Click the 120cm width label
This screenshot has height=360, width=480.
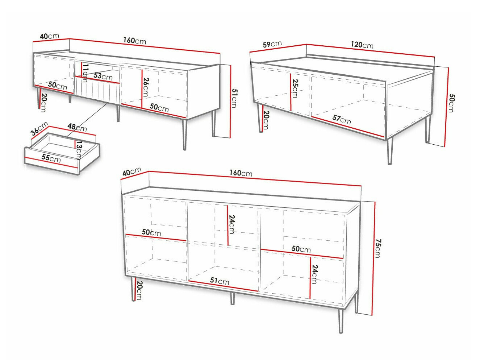click(362, 45)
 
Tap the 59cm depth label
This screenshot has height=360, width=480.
click(272, 44)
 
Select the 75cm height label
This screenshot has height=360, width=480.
click(378, 248)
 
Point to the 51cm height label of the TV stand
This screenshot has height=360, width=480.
click(234, 98)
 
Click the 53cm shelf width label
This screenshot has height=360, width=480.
click(103, 76)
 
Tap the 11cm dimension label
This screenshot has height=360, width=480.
click(85, 73)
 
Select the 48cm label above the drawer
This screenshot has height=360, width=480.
click(77, 127)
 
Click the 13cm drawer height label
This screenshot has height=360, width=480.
click(79, 150)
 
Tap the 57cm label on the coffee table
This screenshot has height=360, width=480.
click(342, 120)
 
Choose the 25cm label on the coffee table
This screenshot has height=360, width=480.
click(295, 88)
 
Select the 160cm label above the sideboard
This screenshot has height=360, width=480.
click(241, 173)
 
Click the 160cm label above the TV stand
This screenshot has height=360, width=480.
click(134, 41)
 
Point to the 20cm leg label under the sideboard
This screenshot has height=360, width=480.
click(139, 290)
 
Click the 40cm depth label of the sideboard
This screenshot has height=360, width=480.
click(132, 171)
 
